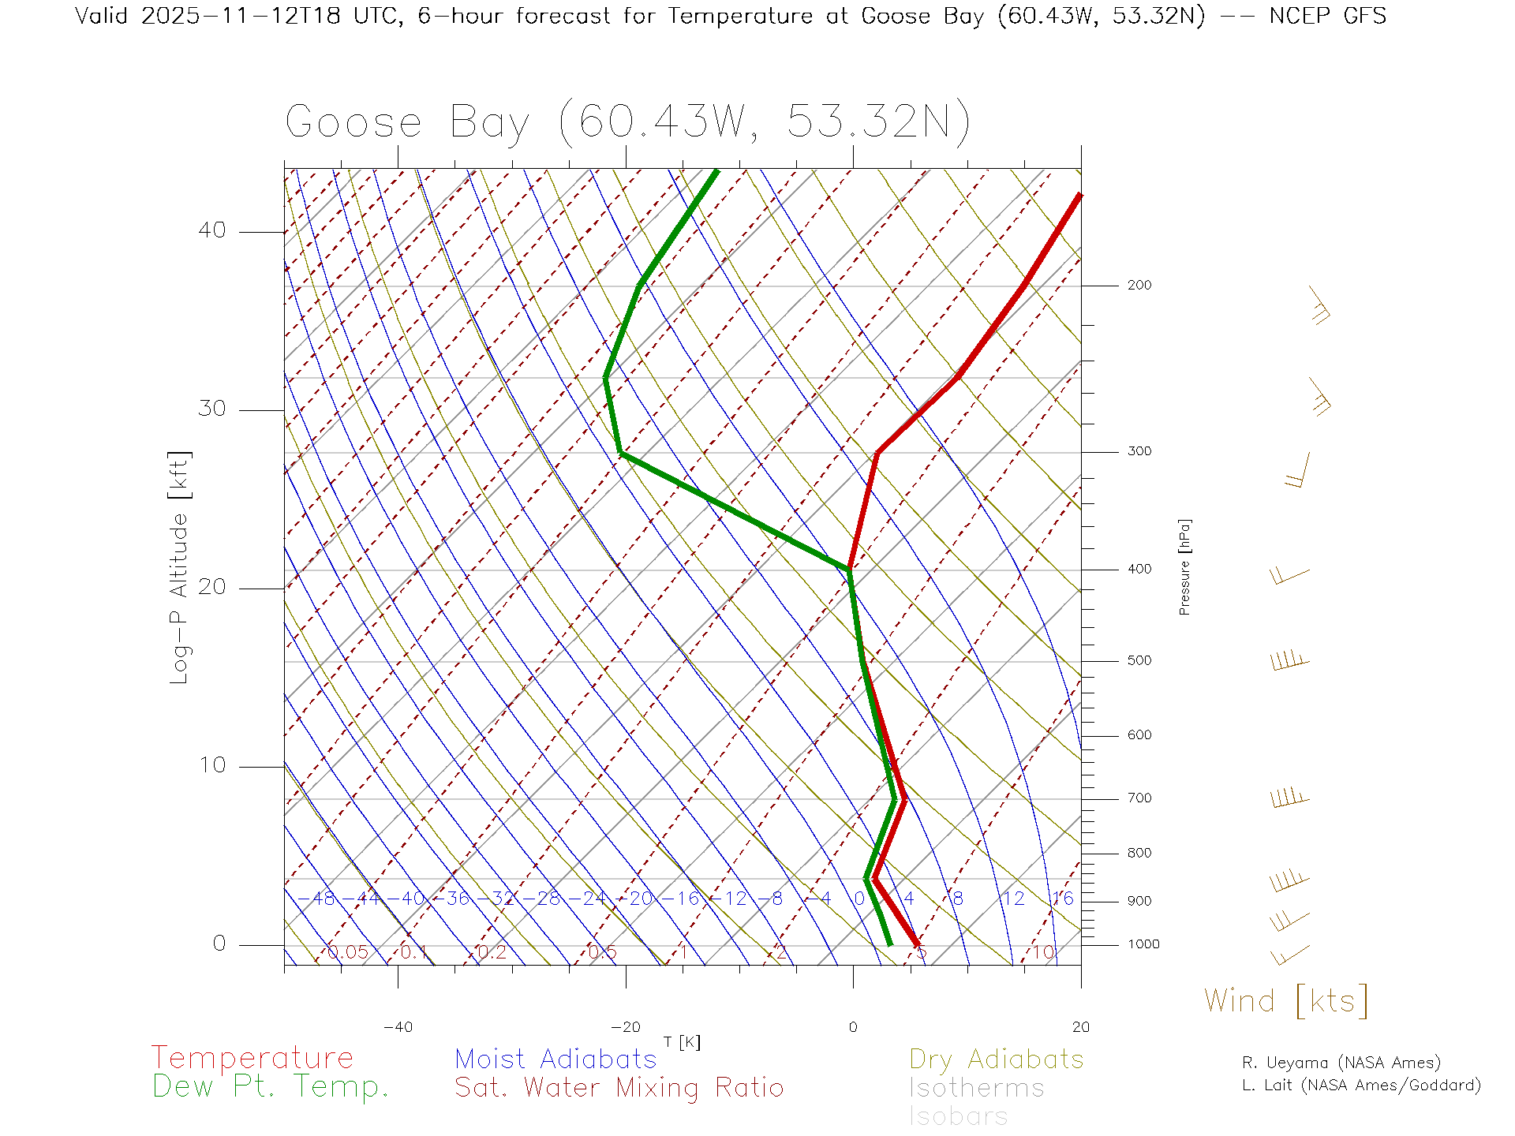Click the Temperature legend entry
click(252, 1058)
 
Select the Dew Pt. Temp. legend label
click(271, 1087)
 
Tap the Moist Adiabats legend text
click(555, 1059)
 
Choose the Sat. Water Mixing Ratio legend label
click(619, 1088)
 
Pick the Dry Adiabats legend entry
click(996, 1059)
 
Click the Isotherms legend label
click(976, 1089)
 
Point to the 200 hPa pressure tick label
click(1139, 286)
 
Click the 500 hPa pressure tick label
click(1139, 661)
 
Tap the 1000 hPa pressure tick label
click(1143, 944)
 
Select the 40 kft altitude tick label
click(212, 230)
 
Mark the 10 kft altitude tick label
click(212, 765)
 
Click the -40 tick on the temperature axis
click(398, 1027)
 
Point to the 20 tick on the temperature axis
click(1080, 1027)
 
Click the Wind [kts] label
click(1286, 1001)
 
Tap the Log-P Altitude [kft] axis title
click(180, 568)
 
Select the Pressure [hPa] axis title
click(1184, 566)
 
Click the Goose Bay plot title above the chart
click(627, 122)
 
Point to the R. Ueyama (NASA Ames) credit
click(1341, 1063)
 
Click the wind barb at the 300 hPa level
click(1298, 471)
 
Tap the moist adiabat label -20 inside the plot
click(640, 899)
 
